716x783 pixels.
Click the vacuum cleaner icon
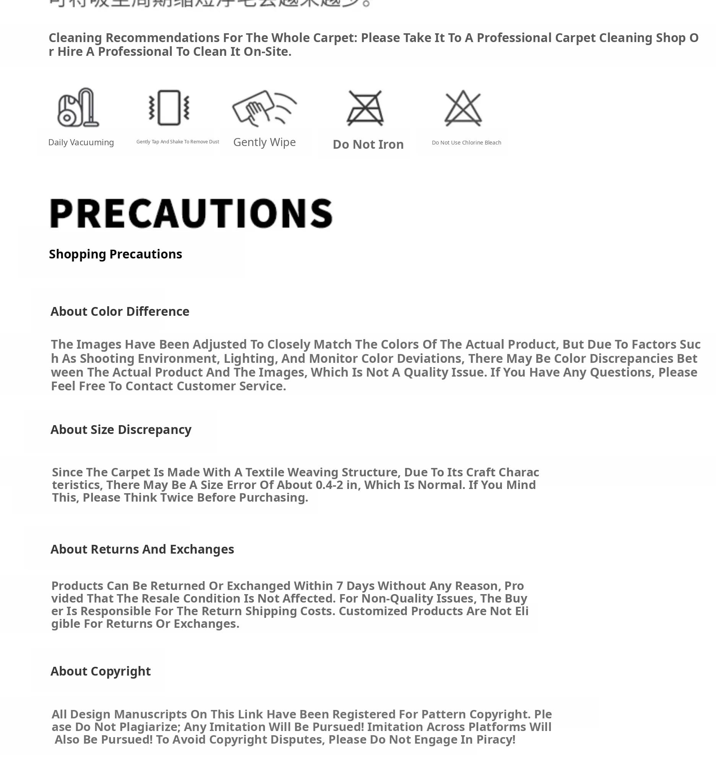click(x=78, y=107)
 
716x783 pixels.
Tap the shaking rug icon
click(x=169, y=107)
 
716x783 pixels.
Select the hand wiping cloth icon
click(x=264, y=107)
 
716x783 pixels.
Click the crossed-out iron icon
click(x=365, y=108)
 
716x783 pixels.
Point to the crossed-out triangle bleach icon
click(x=463, y=108)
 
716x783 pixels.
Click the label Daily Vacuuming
click(x=81, y=143)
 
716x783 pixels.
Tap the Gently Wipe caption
click(x=265, y=142)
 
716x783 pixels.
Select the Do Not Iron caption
click(x=368, y=145)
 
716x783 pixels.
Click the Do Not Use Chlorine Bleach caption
click(x=466, y=143)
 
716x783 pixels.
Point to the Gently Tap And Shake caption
click(x=177, y=142)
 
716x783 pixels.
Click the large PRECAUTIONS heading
click(x=191, y=213)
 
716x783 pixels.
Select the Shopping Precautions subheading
click(x=115, y=254)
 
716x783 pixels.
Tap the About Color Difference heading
click(x=120, y=312)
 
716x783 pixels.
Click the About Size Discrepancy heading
click(x=121, y=430)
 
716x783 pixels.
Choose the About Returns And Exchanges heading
click(x=142, y=549)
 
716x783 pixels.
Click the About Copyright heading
click(x=101, y=671)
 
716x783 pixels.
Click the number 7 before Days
click(x=340, y=586)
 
